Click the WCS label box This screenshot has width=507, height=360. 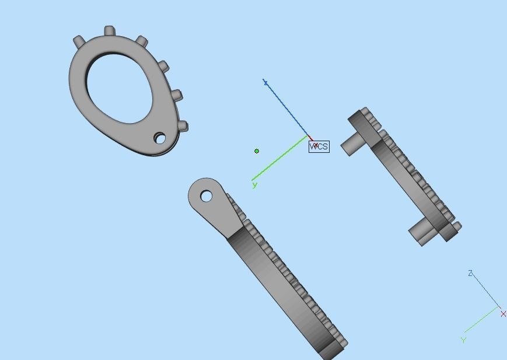[319, 146]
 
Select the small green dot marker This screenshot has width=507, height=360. [257, 151]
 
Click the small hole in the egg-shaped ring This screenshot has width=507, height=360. [159, 138]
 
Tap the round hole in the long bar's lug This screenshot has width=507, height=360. [206, 196]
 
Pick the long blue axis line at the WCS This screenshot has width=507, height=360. [286, 109]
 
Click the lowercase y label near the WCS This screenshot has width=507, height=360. [254, 185]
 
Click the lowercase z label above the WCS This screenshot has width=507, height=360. [265, 83]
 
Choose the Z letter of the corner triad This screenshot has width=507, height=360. [470, 273]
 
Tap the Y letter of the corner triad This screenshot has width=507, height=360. [463, 340]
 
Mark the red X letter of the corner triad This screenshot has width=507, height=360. [503, 314]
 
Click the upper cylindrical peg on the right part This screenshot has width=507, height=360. [352, 144]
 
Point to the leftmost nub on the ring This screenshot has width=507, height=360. [79, 41]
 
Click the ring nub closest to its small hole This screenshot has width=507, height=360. [182, 125]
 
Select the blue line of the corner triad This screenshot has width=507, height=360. [485, 290]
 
